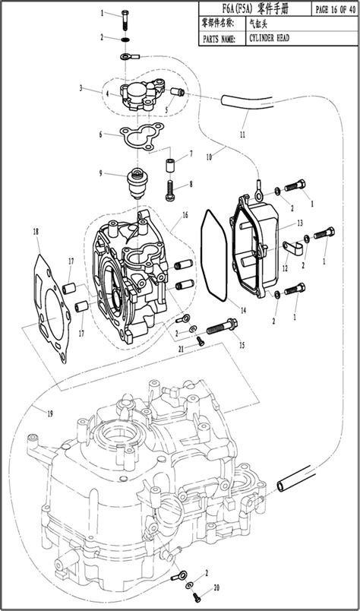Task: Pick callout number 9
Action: point(100,173)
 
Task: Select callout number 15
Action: point(243,345)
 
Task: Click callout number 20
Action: point(216,587)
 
